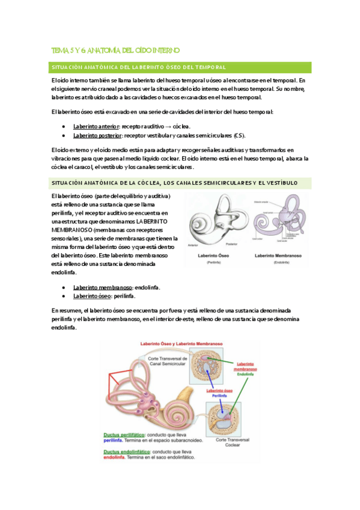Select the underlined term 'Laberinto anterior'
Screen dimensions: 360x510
click(96, 126)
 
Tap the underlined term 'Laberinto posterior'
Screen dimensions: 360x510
click(97, 135)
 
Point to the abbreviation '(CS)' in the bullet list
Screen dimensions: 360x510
click(240, 135)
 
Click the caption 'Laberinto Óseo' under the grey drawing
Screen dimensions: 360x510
click(215, 256)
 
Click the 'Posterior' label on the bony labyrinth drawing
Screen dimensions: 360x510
click(232, 245)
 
